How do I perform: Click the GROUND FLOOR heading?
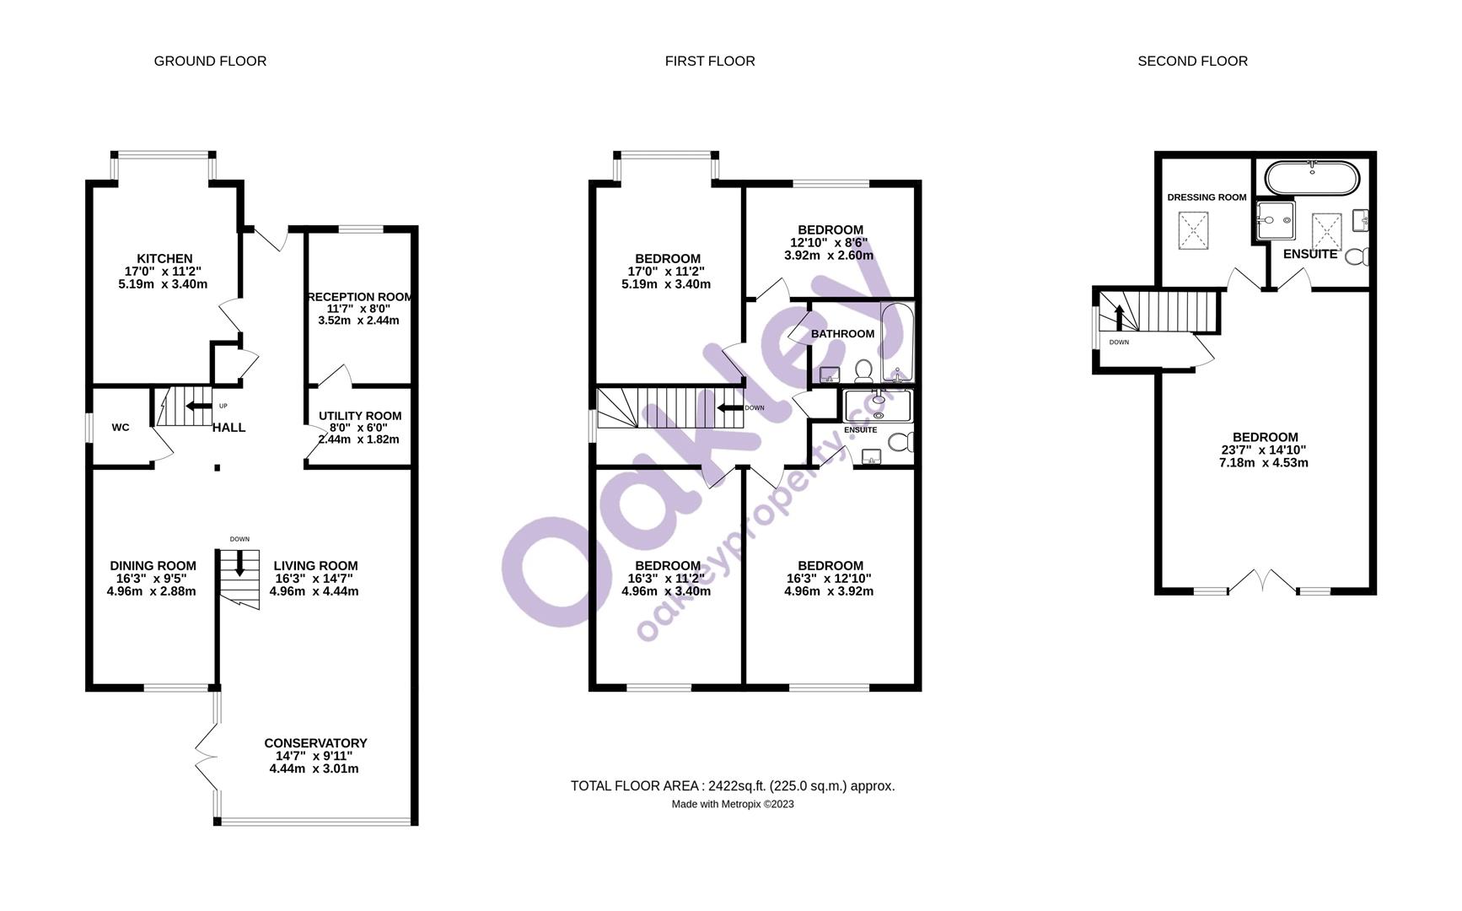click(x=210, y=61)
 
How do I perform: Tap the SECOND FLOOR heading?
click(x=1192, y=61)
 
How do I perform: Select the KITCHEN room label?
click(x=164, y=258)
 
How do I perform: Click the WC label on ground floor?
click(x=121, y=428)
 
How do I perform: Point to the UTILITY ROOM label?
click(x=360, y=416)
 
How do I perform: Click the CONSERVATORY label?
click(x=315, y=743)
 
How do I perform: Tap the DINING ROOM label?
click(x=153, y=566)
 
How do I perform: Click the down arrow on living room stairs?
click(x=239, y=563)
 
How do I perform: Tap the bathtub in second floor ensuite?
click(x=1312, y=176)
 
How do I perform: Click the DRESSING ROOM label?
click(x=1207, y=197)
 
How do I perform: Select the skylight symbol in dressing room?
click(x=1193, y=229)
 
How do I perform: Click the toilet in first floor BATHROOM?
click(x=863, y=369)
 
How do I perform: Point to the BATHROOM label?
click(x=842, y=334)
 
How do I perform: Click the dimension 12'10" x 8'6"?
click(x=829, y=243)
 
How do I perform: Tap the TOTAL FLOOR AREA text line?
click(x=732, y=785)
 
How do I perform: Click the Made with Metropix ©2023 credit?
click(x=732, y=804)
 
